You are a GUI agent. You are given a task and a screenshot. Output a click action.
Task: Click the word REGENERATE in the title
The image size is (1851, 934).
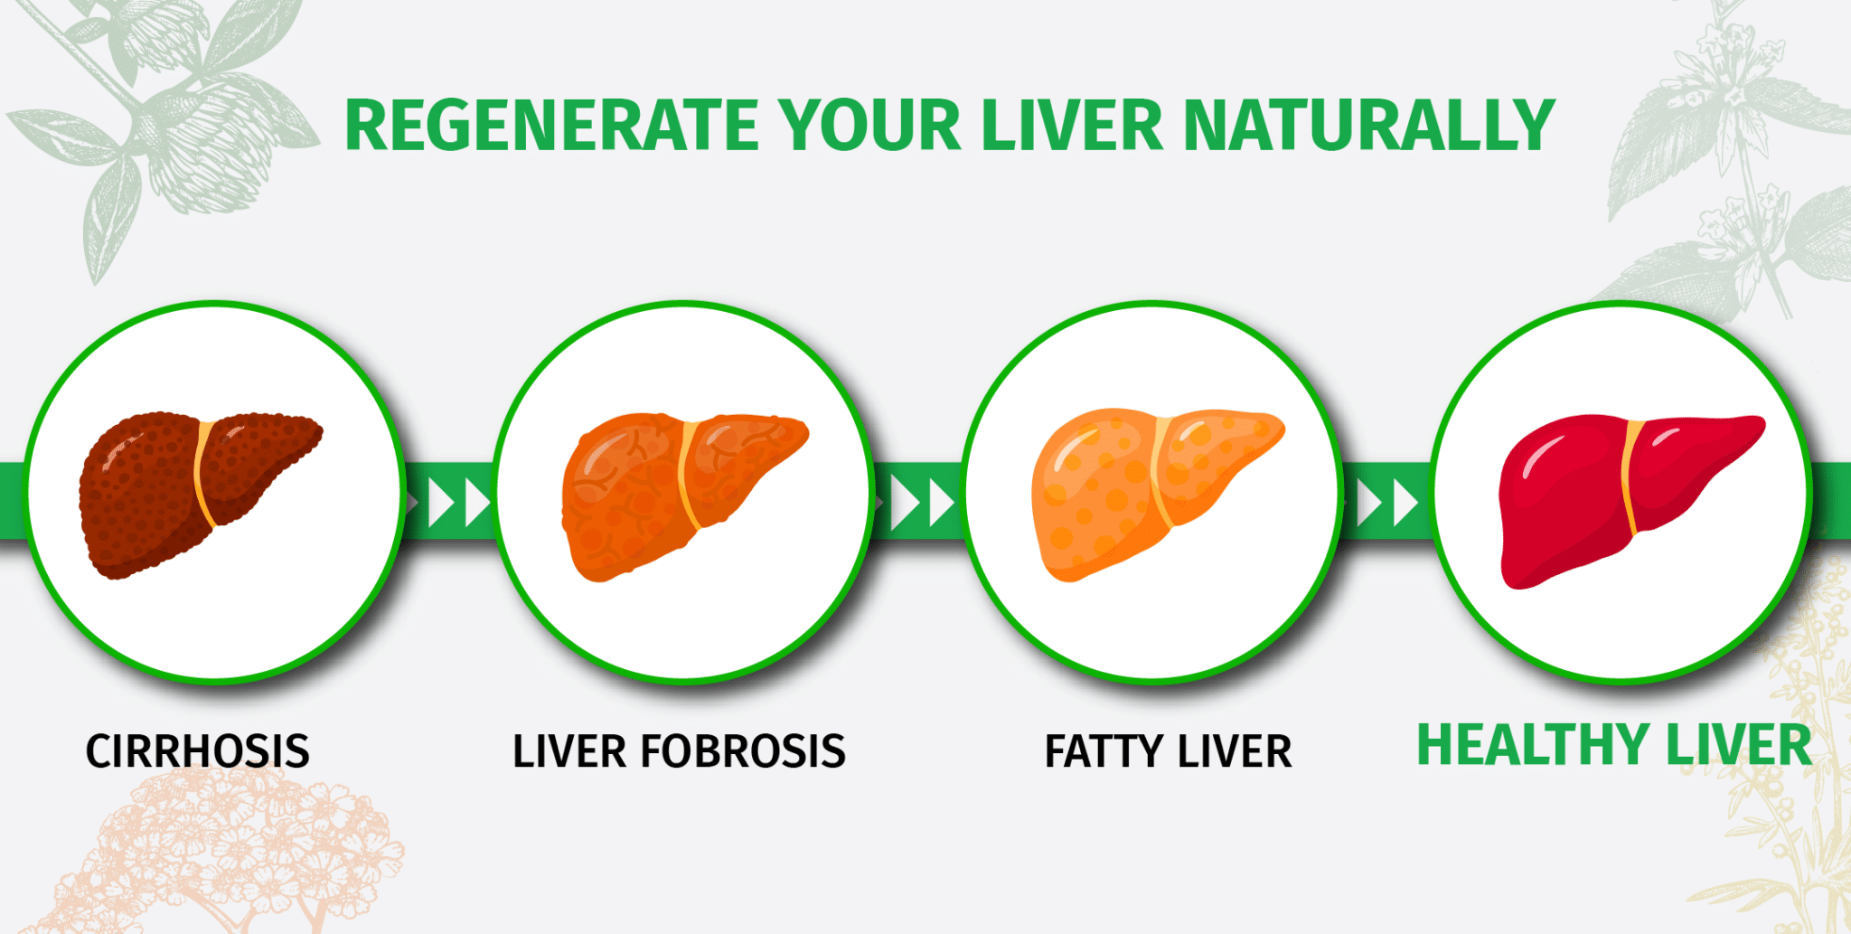(x=552, y=125)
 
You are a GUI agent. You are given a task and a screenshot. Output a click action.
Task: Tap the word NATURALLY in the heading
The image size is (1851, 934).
(x=1369, y=125)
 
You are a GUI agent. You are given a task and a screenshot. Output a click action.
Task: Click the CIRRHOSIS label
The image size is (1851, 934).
(x=198, y=751)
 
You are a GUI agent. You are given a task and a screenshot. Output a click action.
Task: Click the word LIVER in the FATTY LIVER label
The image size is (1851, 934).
(x=1235, y=751)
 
